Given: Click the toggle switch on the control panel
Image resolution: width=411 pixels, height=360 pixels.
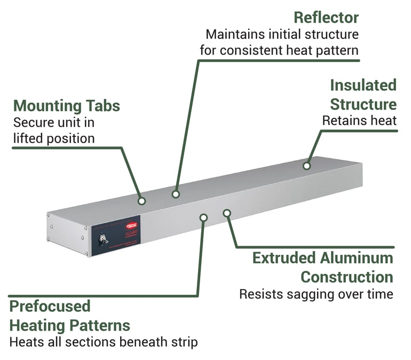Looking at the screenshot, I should [x=103, y=239].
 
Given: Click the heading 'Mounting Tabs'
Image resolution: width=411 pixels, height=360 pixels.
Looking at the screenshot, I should [x=67, y=105].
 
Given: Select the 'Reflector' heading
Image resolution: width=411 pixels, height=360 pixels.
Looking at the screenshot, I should [x=326, y=17].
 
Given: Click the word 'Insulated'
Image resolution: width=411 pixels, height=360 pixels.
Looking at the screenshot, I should [x=363, y=85].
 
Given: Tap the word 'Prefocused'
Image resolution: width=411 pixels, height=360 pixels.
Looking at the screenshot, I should [x=50, y=306].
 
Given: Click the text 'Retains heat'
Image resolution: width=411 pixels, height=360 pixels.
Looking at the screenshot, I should [x=359, y=121].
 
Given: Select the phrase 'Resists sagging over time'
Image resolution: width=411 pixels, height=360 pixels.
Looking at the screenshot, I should [x=316, y=294].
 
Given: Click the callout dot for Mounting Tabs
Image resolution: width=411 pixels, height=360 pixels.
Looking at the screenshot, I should [x=142, y=201].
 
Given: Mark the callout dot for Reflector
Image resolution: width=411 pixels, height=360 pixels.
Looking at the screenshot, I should [x=176, y=194].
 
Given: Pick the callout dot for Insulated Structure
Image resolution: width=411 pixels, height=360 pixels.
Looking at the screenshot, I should [x=307, y=166].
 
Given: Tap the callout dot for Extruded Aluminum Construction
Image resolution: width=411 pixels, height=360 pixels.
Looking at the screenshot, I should [x=227, y=213].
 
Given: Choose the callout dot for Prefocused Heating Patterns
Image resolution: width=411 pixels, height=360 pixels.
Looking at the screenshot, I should [x=203, y=217].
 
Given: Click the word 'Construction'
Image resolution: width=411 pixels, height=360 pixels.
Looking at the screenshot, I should [x=347, y=277].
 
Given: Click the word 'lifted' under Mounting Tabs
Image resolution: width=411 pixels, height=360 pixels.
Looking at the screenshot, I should [x=27, y=138].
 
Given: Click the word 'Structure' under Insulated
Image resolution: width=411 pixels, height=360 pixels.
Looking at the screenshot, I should [x=363, y=103].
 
